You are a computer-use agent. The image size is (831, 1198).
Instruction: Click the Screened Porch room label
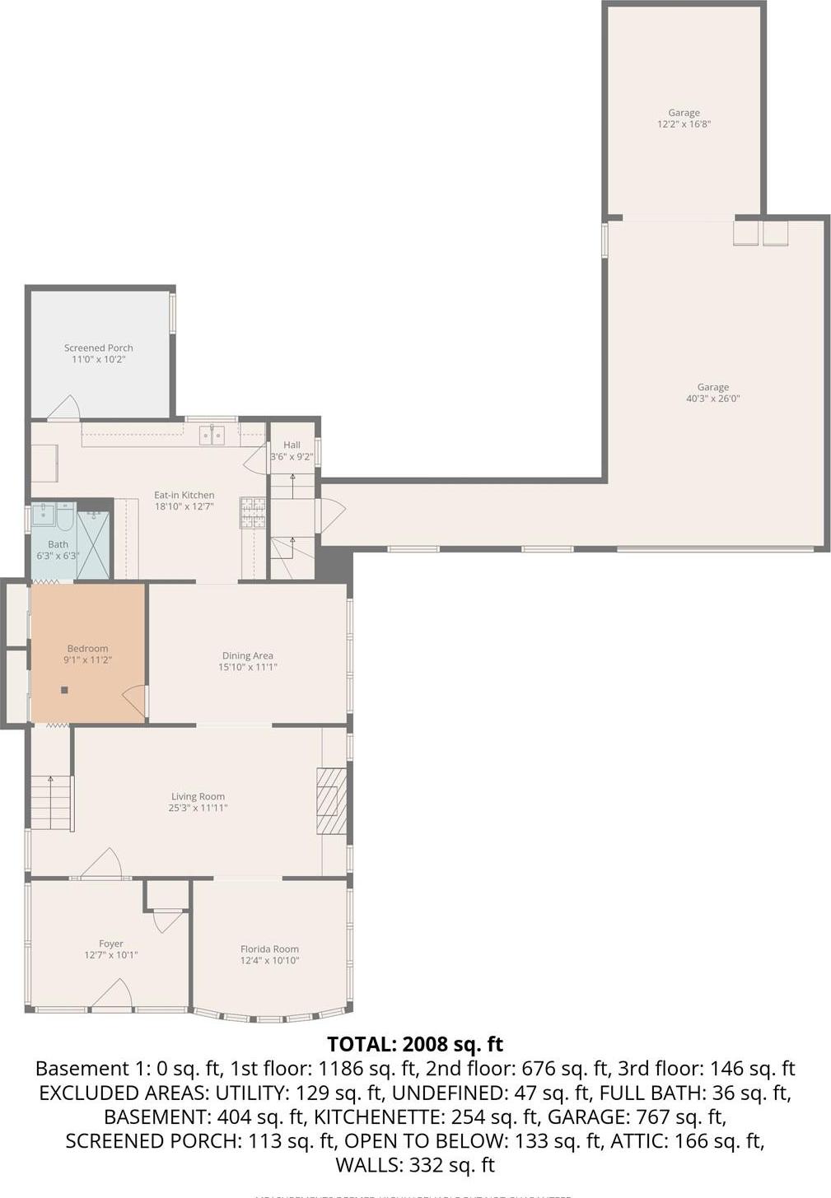[x=99, y=348]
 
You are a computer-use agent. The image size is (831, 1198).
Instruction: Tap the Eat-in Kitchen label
[x=184, y=496]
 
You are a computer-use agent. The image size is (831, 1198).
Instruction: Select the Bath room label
[x=58, y=544]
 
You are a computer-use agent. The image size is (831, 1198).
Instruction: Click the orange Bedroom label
[x=87, y=649]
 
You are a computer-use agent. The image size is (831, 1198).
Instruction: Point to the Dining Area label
[x=247, y=656]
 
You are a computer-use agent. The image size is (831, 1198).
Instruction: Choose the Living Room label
[x=198, y=796]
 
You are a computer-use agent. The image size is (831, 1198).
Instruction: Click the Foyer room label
[x=111, y=944]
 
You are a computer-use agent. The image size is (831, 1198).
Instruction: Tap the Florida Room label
[x=269, y=949]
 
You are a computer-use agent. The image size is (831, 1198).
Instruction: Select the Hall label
[x=292, y=445]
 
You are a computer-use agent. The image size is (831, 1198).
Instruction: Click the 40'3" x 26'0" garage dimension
[x=713, y=399]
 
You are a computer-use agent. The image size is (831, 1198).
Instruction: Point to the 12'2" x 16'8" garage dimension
[x=684, y=124]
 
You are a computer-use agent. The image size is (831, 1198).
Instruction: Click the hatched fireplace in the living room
[x=332, y=801]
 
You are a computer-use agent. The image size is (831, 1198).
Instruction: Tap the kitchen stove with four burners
[x=253, y=512]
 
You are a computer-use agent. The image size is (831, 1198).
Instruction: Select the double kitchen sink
[x=212, y=435]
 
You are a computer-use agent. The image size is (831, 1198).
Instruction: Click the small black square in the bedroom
[x=64, y=690]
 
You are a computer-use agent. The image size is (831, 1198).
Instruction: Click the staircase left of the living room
[x=51, y=803]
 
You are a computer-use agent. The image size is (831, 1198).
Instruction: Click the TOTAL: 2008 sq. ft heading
[x=415, y=1044]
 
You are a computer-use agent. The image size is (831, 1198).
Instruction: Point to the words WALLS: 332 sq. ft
[x=415, y=1165]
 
